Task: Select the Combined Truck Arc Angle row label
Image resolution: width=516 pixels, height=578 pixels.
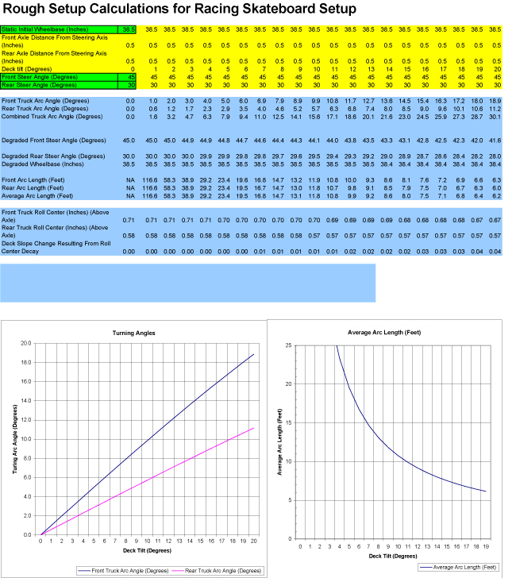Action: [x=52, y=117]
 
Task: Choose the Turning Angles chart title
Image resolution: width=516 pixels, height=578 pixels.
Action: [x=148, y=333]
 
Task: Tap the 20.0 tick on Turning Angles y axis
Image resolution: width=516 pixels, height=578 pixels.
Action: [x=25, y=344]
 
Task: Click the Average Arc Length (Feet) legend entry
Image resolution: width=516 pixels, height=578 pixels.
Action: [x=467, y=567]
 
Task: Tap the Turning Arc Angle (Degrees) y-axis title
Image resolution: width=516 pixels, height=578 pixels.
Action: [x=15, y=439]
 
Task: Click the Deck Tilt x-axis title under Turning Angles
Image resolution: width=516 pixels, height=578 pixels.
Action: [x=148, y=550]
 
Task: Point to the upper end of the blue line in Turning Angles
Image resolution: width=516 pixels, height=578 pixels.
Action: [x=254, y=354]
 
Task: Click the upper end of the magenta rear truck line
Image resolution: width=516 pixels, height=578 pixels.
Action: [x=254, y=428]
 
